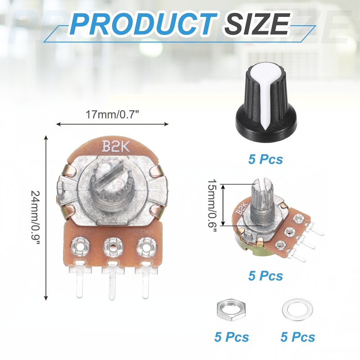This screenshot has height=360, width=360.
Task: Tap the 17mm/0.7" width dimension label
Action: click(112, 115)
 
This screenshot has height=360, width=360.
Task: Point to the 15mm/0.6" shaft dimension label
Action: click(212, 205)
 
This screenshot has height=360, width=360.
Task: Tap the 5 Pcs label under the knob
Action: click(266, 159)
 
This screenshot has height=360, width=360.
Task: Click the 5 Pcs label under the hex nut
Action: click(231, 337)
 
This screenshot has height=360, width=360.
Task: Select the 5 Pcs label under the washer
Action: click(298, 337)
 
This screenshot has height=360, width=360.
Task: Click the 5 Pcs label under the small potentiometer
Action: click(266, 276)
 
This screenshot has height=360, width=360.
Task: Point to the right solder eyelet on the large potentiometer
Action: click(146, 247)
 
